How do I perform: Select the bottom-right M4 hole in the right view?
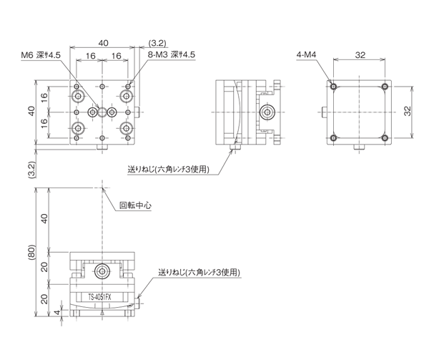click(385, 137)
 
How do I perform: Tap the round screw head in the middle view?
click(267, 112)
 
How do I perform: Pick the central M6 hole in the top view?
click(94, 112)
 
